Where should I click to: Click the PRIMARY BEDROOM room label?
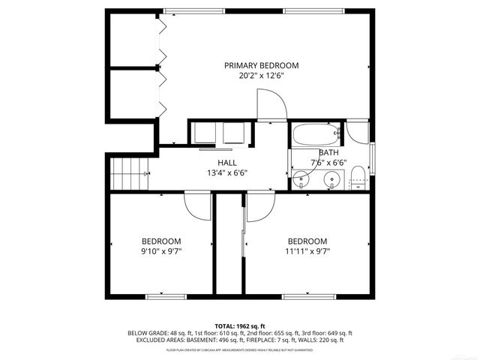click(x=262, y=65)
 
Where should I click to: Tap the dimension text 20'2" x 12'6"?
click(x=262, y=76)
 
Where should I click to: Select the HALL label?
click(x=227, y=162)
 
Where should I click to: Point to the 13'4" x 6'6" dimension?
click(x=227, y=172)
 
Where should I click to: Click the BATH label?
click(x=328, y=152)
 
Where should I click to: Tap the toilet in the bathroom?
click(x=358, y=178)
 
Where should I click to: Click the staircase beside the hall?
click(x=132, y=175)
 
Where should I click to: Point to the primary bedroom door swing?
click(x=270, y=106)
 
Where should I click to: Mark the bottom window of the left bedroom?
click(x=166, y=297)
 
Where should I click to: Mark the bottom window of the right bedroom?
click(x=307, y=297)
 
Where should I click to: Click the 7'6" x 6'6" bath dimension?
click(x=328, y=162)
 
